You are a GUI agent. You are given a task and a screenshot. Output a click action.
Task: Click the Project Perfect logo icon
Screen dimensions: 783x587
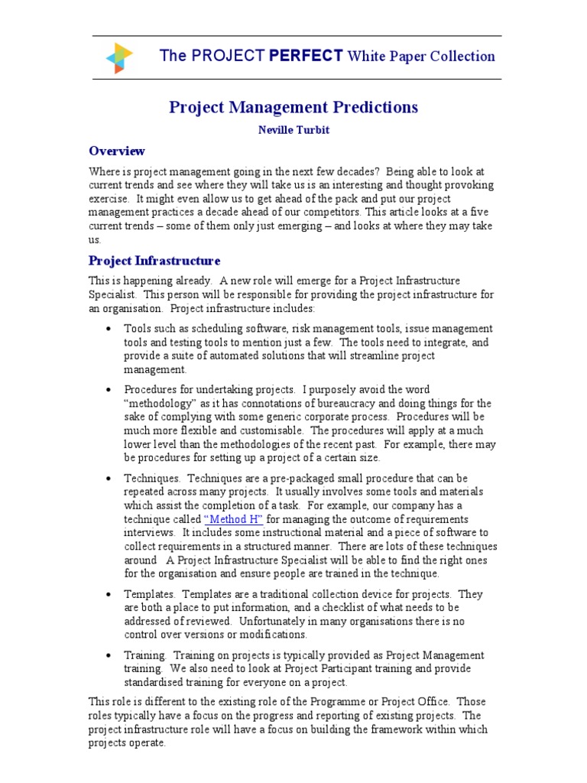click(x=118, y=57)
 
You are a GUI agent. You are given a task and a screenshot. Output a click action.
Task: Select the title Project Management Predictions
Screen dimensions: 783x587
click(x=293, y=107)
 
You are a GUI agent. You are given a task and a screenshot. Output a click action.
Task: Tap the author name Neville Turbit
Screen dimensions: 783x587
click(x=293, y=130)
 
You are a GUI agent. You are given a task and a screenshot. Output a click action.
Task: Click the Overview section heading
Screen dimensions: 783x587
click(x=117, y=151)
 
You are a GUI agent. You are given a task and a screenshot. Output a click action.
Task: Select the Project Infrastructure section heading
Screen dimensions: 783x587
click(x=154, y=261)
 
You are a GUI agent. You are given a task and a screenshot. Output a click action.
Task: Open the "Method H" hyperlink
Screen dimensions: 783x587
click(x=235, y=518)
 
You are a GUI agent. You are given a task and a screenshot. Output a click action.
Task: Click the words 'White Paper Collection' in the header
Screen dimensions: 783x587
click(x=421, y=57)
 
